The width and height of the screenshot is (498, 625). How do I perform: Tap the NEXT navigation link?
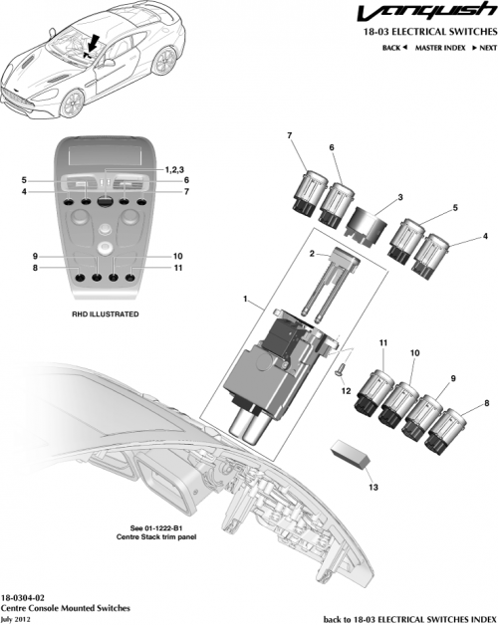coord(483,48)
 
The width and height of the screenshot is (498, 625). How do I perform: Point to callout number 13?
coord(373,487)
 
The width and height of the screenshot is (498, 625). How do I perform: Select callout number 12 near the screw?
coord(347,392)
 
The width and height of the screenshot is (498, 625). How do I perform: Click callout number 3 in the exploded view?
coord(372,197)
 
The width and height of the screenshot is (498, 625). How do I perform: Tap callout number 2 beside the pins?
coord(311,255)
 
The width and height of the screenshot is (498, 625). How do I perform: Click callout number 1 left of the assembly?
coord(245,299)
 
